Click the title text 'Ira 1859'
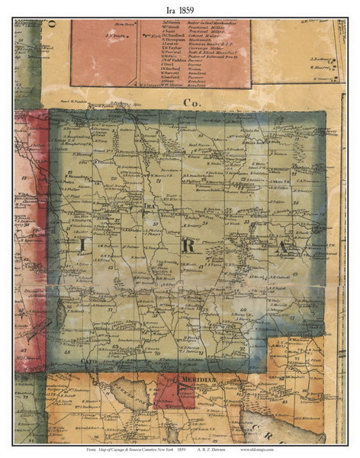tap(179, 9)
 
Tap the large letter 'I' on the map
tap(81, 245)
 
